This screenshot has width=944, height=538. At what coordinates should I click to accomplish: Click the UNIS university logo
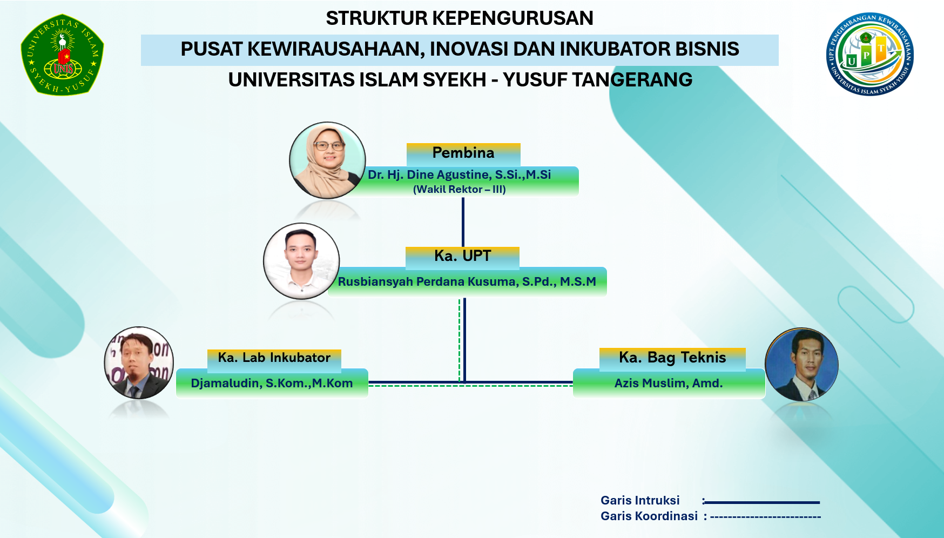pyautogui.click(x=62, y=55)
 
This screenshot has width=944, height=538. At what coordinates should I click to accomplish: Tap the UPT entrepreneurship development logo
pyautogui.click(x=869, y=54)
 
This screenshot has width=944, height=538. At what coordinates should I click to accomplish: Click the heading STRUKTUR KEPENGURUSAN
pyautogui.click(x=460, y=18)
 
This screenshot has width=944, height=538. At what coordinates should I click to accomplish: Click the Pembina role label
pyautogui.click(x=463, y=153)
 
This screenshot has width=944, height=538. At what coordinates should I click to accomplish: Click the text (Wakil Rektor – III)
pyautogui.click(x=460, y=190)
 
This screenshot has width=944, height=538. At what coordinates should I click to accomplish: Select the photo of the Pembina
pyautogui.click(x=327, y=160)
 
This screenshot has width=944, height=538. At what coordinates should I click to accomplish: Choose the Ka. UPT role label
pyautogui.click(x=463, y=255)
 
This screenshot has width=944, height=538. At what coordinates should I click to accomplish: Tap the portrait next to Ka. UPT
pyautogui.click(x=301, y=261)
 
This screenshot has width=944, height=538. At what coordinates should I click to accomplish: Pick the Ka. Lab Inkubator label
pyautogui.click(x=274, y=358)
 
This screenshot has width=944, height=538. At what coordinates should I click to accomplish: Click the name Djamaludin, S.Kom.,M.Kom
pyautogui.click(x=272, y=383)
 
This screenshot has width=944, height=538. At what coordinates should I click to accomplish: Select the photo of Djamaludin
pyautogui.click(x=139, y=362)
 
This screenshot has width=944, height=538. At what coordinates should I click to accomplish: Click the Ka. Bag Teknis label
pyautogui.click(x=672, y=358)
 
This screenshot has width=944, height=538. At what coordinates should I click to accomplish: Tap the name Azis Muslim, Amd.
pyautogui.click(x=669, y=383)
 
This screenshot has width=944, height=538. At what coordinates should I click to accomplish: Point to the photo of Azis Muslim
pyautogui.click(x=802, y=364)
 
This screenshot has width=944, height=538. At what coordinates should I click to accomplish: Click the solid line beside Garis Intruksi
pyautogui.click(x=762, y=502)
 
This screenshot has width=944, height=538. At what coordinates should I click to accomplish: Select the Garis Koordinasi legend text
pyautogui.click(x=649, y=516)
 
